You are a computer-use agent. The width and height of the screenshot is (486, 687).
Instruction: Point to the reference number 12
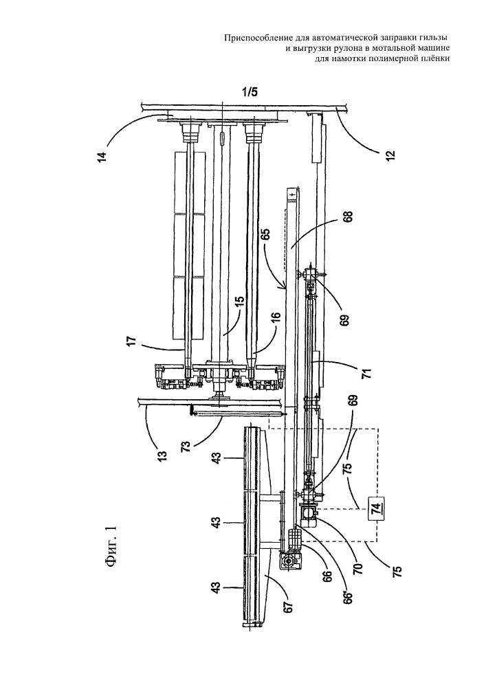390,154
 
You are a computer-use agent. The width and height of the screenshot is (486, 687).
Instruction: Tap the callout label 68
349,218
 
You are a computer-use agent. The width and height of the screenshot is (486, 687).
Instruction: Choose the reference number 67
289,608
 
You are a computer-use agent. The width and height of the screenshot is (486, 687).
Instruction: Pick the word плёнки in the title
437,58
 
